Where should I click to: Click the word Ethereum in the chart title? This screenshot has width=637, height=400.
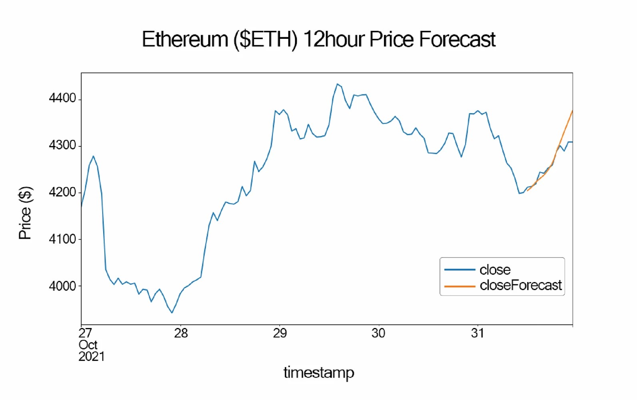[185, 40]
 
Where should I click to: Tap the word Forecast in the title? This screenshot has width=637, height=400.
[457, 40]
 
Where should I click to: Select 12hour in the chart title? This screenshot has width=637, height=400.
[334, 40]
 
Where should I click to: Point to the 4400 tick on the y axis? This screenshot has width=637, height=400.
[62, 98]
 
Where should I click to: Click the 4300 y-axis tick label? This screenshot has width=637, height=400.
[62, 145]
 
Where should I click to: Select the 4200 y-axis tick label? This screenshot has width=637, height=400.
[62, 192]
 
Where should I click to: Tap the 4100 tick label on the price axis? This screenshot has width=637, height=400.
[62, 239]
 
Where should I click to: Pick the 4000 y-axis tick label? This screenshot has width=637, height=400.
[62, 286]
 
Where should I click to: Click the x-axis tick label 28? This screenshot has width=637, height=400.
[181, 333]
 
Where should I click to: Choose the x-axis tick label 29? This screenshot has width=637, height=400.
[280, 333]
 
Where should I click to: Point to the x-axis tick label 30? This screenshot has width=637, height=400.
[378, 333]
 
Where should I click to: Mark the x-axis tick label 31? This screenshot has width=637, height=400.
[477, 333]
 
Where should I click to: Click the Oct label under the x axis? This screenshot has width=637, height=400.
[88, 345]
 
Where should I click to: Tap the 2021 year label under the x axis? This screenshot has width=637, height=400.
[92, 356]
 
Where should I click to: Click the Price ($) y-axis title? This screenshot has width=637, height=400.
[25, 213]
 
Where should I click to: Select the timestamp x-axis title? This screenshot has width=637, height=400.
[319, 372]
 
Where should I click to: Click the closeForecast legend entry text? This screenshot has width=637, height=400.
[521, 285]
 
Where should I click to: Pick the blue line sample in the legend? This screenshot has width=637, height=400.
[459, 270]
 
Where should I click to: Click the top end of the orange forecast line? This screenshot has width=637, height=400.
[572, 111]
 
